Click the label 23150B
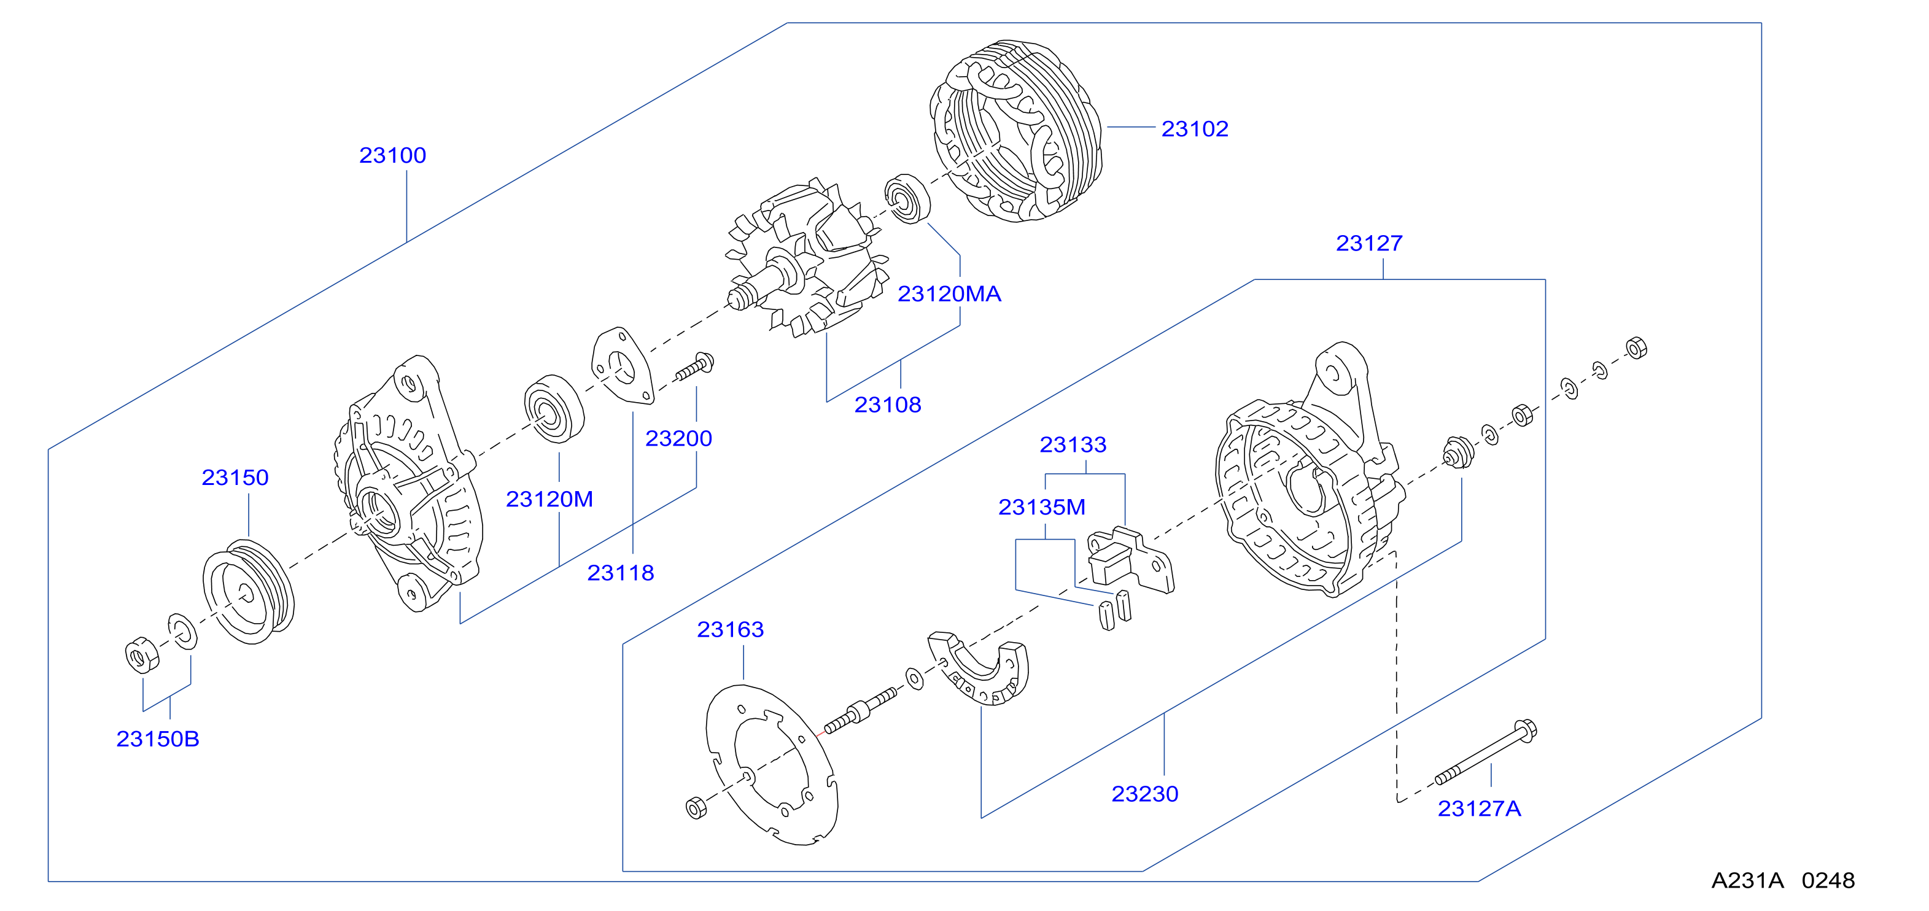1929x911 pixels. click(x=157, y=739)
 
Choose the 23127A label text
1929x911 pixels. click(x=1479, y=808)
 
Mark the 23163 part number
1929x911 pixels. click(x=730, y=630)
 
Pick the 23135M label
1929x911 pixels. click(x=1042, y=507)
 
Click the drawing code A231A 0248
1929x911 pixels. click(x=1783, y=880)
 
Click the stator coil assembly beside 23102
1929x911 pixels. click(x=1016, y=131)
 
